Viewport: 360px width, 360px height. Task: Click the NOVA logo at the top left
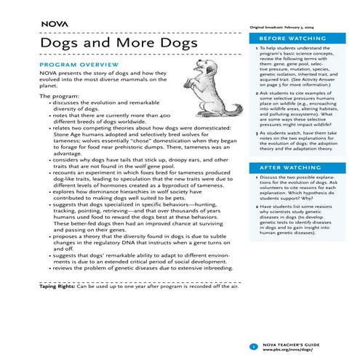click(55, 23)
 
